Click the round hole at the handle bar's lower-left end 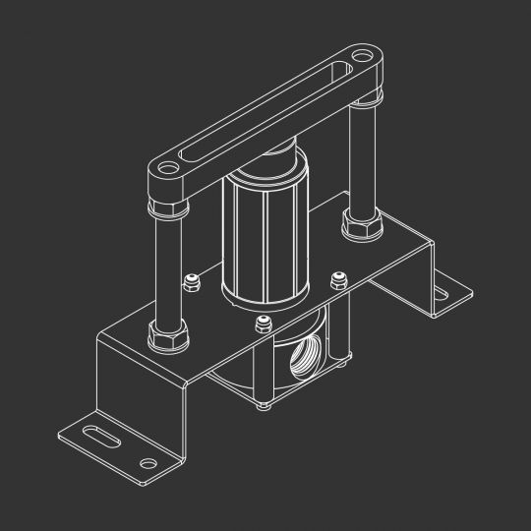(x=166, y=169)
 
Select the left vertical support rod (x=166, y=265)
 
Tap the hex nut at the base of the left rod (x=165, y=336)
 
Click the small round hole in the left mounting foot (x=148, y=463)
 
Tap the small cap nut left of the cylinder (x=192, y=282)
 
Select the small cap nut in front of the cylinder (x=262, y=327)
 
